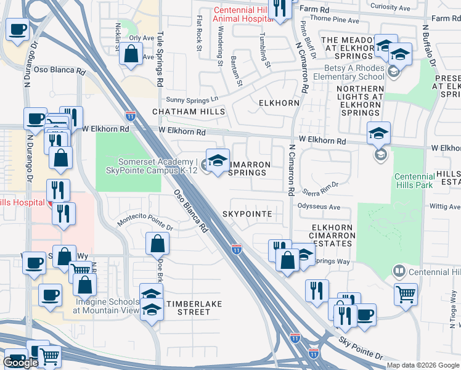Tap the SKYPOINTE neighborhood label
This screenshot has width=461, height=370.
coord(251,213)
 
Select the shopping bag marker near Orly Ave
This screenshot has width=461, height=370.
coord(131,54)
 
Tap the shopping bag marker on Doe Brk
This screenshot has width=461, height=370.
coord(157,244)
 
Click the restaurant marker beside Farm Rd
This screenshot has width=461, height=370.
coord(280,9)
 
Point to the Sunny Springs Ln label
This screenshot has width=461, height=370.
coord(192,99)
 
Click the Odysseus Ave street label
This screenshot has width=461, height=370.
coord(319,207)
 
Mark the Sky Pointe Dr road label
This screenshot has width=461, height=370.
coord(360,348)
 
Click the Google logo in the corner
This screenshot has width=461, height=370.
coord(20,363)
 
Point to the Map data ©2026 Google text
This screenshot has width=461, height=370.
coord(423,365)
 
